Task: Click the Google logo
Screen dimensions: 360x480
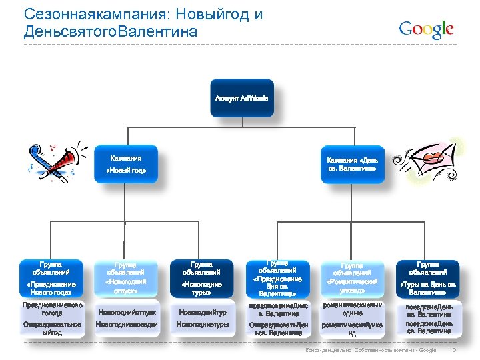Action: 426,29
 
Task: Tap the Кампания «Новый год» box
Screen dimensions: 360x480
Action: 125,164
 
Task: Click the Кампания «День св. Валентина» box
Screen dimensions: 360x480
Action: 352,164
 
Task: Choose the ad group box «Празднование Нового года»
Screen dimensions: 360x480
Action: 51,278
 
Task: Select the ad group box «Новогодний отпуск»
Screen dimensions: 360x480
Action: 126,278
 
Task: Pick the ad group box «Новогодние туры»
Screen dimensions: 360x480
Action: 202,278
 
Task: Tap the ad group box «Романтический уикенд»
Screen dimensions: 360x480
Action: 352,278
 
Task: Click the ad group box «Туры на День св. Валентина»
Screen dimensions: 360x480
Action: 428,278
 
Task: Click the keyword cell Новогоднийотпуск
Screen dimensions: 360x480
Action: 126,311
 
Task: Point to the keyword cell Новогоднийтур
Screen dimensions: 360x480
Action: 202,311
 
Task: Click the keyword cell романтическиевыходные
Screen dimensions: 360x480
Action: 352,309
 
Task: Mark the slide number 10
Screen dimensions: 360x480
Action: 453,350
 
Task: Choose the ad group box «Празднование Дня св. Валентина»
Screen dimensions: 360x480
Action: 277,278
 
